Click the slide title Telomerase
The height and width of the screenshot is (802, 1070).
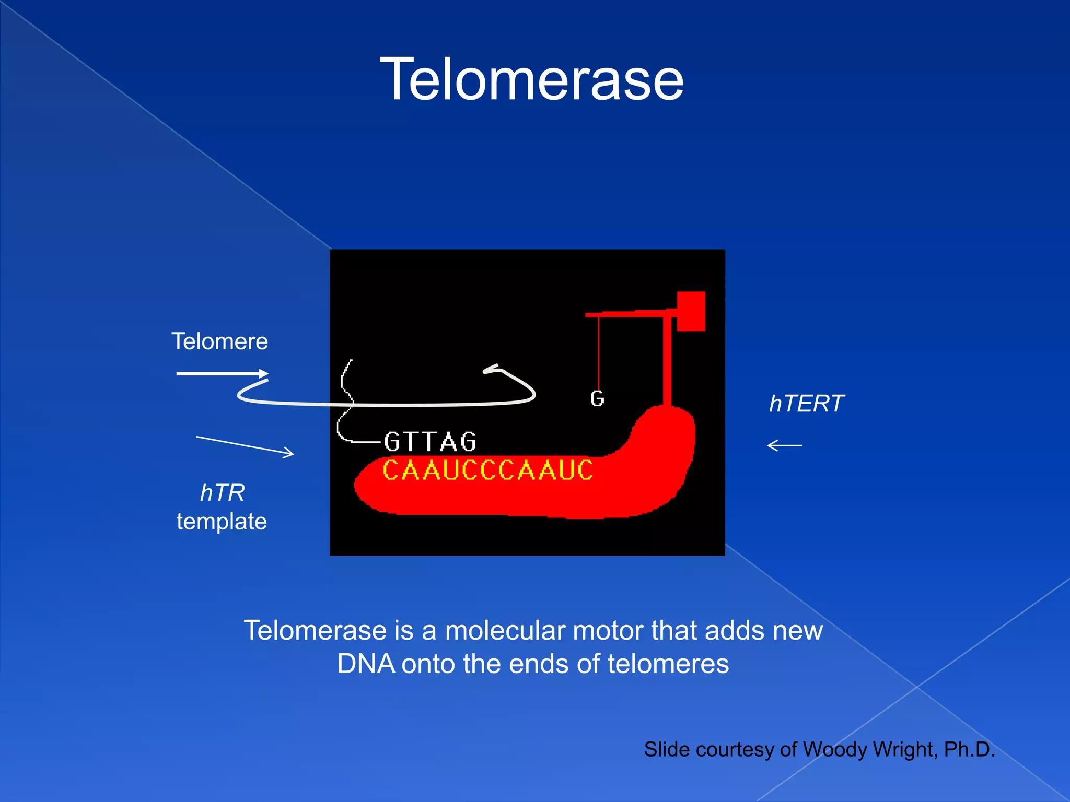point(531,80)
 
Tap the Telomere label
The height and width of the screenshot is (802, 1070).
point(219,341)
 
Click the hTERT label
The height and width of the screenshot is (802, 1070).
point(806,404)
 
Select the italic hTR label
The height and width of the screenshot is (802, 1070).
point(222,493)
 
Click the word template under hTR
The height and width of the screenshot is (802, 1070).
point(222,522)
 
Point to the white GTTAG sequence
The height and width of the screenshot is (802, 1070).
point(430,442)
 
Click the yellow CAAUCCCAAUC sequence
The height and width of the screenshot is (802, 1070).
point(488,470)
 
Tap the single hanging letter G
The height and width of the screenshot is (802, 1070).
point(597,399)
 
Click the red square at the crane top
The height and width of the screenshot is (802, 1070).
point(691,311)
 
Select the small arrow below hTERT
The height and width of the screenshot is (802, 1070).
point(784,445)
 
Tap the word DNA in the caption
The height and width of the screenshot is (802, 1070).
point(366,664)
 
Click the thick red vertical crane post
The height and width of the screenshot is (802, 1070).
point(667,360)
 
